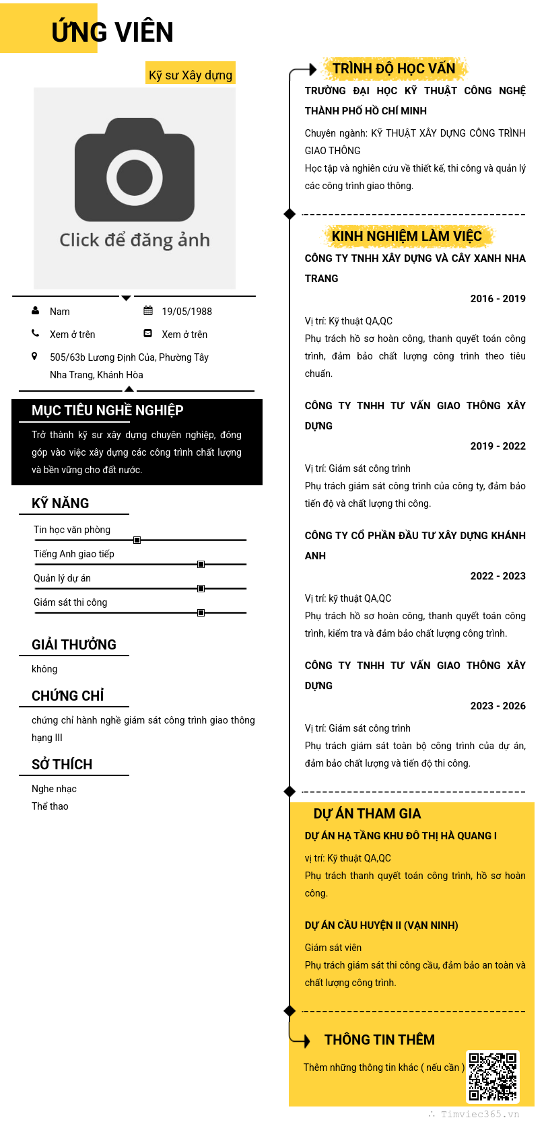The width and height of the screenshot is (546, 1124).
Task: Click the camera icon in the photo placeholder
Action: tap(135, 170)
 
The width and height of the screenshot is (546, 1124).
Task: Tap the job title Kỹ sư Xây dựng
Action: tap(191, 75)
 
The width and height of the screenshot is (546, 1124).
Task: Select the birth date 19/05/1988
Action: tap(186, 312)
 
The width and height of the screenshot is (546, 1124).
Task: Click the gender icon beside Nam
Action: tap(35, 311)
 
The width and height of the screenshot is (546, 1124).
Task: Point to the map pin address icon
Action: tap(34, 356)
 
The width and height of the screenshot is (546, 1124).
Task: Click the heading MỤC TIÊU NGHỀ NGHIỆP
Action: tap(108, 411)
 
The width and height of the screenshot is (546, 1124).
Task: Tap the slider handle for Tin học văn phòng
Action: tap(137, 540)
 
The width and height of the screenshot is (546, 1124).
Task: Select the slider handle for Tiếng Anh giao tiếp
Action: tap(201, 564)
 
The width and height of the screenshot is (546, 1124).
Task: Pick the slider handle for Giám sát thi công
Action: tap(201, 612)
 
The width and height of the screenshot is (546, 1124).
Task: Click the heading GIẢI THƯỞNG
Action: tap(74, 645)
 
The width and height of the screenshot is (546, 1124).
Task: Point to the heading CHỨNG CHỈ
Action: tap(68, 696)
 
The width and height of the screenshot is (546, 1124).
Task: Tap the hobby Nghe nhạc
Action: tap(54, 789)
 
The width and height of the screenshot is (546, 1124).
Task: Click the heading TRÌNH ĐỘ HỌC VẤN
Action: tap(394, 69)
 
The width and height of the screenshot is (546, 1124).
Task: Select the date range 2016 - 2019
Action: tap(498, 299)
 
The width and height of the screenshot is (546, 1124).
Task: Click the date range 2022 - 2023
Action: tap(498, 576)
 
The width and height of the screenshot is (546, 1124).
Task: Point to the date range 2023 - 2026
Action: tap(498, 706)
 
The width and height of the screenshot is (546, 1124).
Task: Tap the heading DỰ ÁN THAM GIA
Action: tap(367, 814)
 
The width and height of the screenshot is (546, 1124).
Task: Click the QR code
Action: tap(493, 1076)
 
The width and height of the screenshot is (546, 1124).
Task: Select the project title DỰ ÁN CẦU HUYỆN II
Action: tap(381, 925)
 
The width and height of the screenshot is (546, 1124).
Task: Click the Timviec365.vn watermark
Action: tap(479, 1114)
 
